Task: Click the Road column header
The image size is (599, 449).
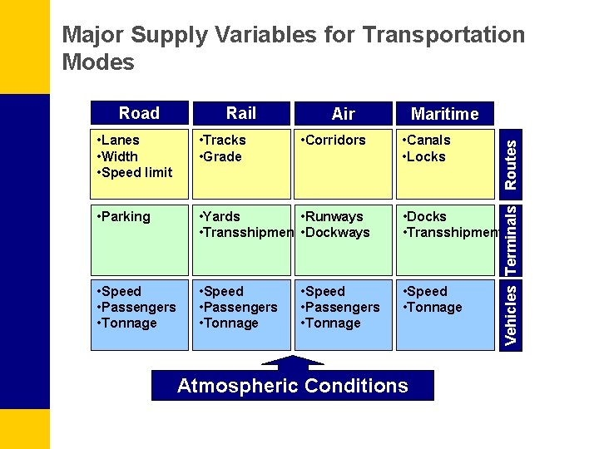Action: [x=139, y=113]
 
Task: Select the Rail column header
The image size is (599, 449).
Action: [x=241, y=113]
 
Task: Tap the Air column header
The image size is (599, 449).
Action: [x=343, y=114]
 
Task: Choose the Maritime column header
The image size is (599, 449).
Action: [x=445, y=114]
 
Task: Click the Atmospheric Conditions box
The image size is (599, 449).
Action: [x=293, y=386]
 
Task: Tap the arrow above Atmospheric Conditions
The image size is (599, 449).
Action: [x=293, y=361]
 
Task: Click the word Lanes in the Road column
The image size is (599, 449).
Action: [x=121, y=140]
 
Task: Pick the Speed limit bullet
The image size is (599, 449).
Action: [x=135, y=172]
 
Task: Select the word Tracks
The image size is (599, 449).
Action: [x=224, y=140]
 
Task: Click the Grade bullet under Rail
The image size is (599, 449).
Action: [x=222, y=156]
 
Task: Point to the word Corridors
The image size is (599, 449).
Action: [x=336, y=140]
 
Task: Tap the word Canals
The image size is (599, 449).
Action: [x=428, y=140]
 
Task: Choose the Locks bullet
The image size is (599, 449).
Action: [x=426, y=156]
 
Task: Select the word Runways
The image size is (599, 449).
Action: [x=334, y=216]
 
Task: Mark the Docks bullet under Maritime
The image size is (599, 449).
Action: [x=427, y=216]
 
